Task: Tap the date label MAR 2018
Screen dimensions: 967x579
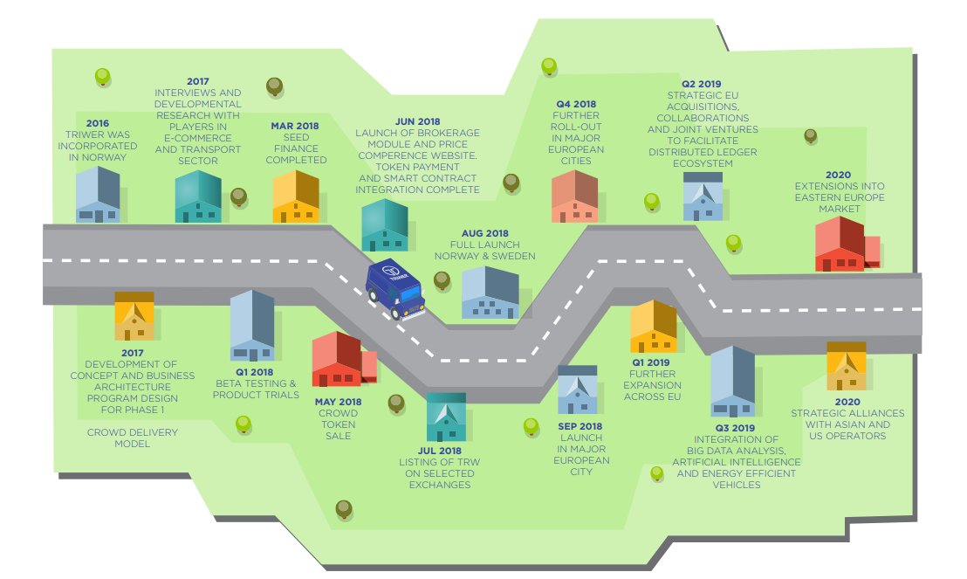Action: pyautogui.click(x=295, y=126)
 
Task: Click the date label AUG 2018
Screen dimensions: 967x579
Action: pyautogui.click(x=484, y=234)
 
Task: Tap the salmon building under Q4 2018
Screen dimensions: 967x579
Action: pyautogui.click(x=574, y=196)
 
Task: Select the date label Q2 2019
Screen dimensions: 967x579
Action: pyautogui.click(x=703, y=84)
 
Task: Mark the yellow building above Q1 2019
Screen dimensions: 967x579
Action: pyautogui.click(x=653, y=327)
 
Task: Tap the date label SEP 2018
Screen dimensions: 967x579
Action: pyautogui.click(x=580, y=426)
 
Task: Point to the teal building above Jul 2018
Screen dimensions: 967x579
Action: pyautogui.click(x=445, y=417)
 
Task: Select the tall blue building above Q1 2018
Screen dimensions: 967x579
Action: pyautogui.click(x=251, y=326)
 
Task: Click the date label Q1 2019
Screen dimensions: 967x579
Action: pyautogui.click(x=651, y=362)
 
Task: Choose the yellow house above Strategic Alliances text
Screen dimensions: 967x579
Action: pyautogui.click(x=846, y=366)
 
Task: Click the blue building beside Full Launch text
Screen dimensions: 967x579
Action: pyautogui.click(x=490, y=293)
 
